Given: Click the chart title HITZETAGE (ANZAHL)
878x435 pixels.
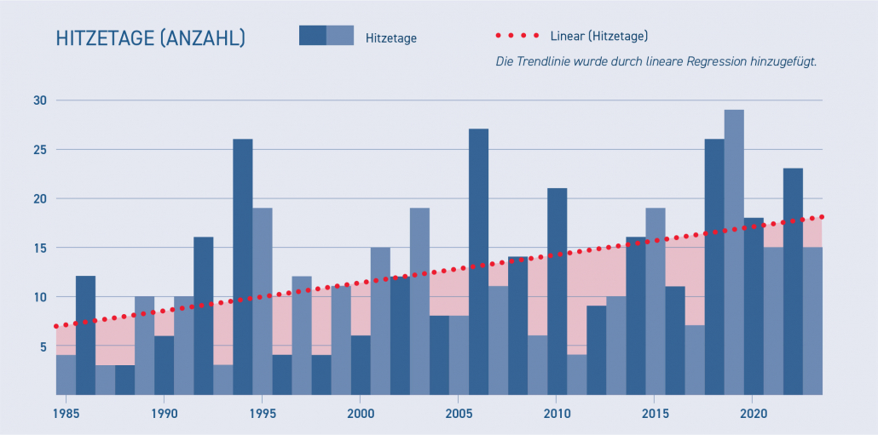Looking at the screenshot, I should pyautogui.click(x=150, y=38).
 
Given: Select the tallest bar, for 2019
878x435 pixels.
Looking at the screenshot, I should pyautogui.click(x=734, y=255).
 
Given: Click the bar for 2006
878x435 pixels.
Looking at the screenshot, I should pyautogui.click(x=478, y=264).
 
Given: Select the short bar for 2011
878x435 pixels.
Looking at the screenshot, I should pyautogui.click(x=576, y=375).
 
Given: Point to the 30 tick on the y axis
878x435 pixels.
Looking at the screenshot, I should pyautogui.click(x=40, y=100).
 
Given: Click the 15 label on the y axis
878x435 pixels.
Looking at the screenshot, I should pyautogui.click(x=40, y=248).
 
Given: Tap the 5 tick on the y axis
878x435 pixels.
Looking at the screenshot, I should pyautogui.click(x=42, y=346).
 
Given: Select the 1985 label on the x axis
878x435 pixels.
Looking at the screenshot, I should pyautogui.click(x=65, y=414).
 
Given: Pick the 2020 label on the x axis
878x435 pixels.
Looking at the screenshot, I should pyautogui.click(x=753, y=414).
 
